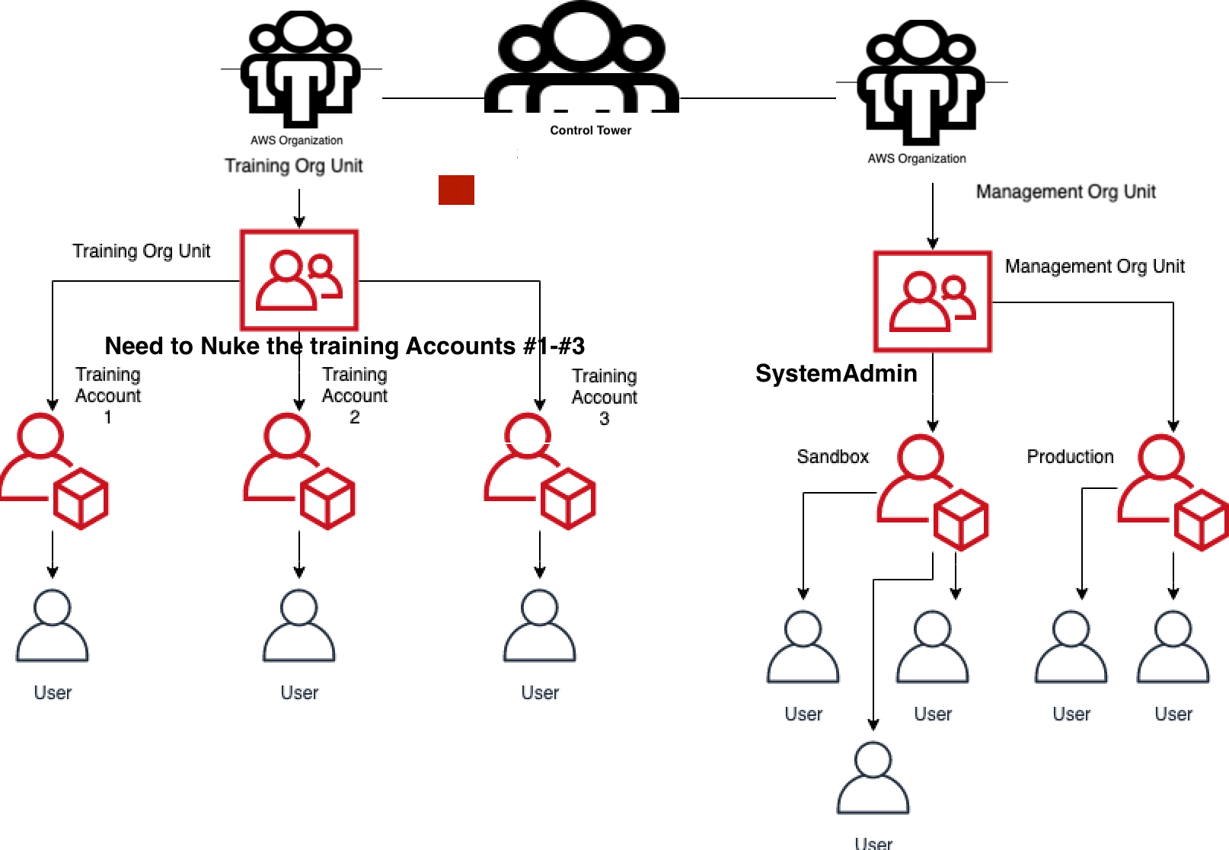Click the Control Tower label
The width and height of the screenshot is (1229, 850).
(x=590, y=130)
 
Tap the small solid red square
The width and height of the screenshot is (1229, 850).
(x=456, y=190)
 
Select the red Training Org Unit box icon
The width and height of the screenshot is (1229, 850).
(x=299, y=280)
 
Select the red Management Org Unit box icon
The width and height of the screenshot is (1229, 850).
(x=932, y=302)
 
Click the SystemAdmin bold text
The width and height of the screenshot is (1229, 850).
(x=836, y=373)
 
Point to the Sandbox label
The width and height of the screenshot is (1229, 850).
(x=832, y=456)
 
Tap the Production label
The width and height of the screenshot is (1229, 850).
(x=1070, y=456)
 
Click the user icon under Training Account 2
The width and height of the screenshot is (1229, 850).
(x=298, y=626)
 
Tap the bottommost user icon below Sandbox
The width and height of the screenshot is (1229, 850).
(x=873, y=778)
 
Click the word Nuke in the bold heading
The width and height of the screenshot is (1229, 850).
(x=231, y=346)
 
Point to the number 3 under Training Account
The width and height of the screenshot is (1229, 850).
(x=604, y=418)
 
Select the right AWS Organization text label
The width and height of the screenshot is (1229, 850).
(x=917, y=158)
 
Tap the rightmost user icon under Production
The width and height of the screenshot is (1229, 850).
(x=1173, y=647)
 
